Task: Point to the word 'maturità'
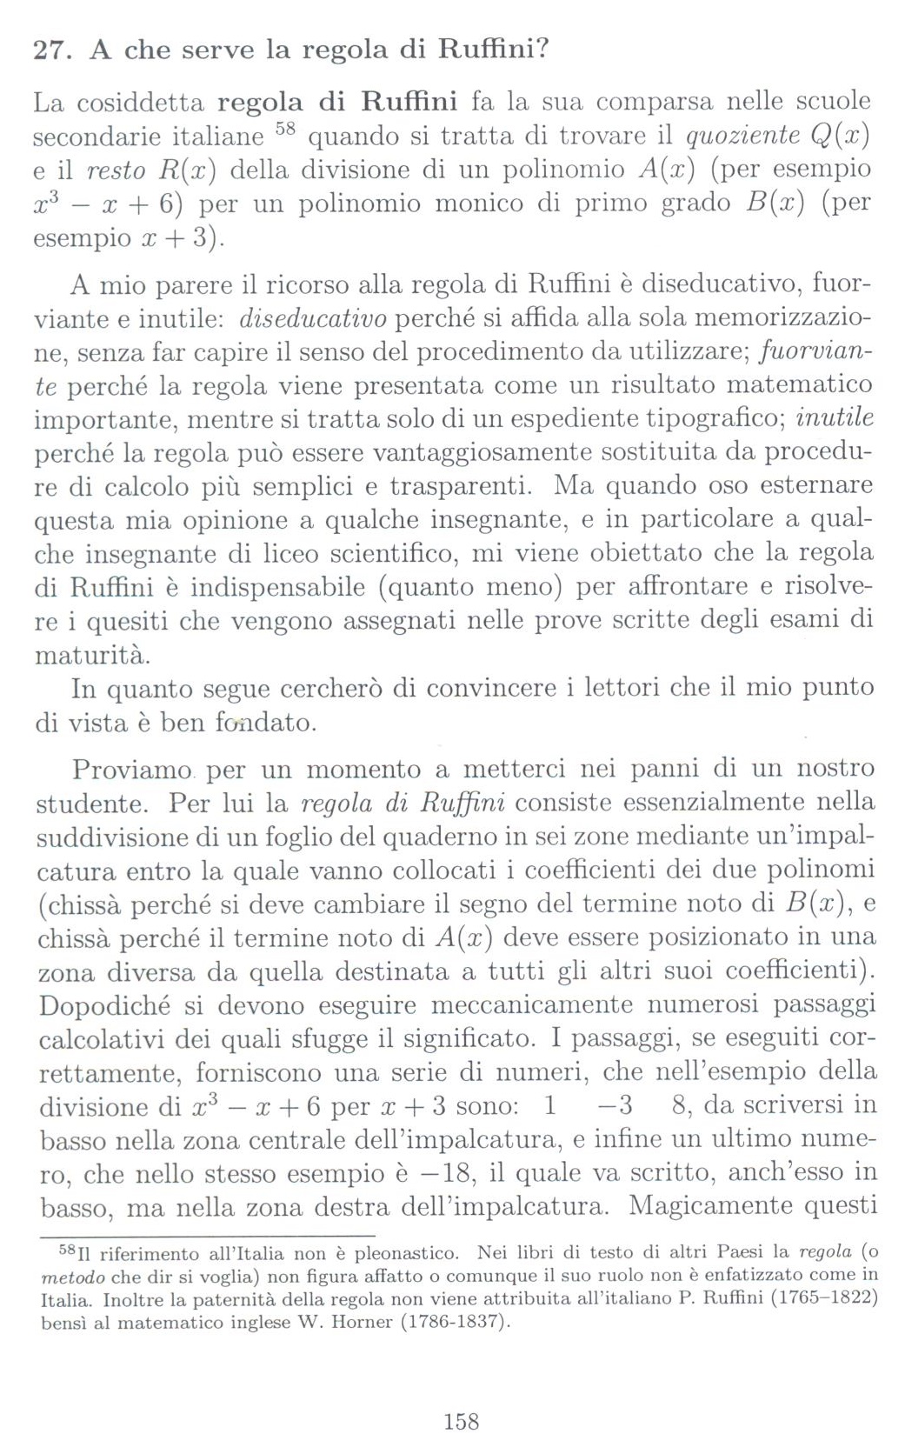[x=92, y=654]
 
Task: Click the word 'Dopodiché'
[x=103, y=1005]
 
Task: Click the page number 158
[x=461, y=1421]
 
